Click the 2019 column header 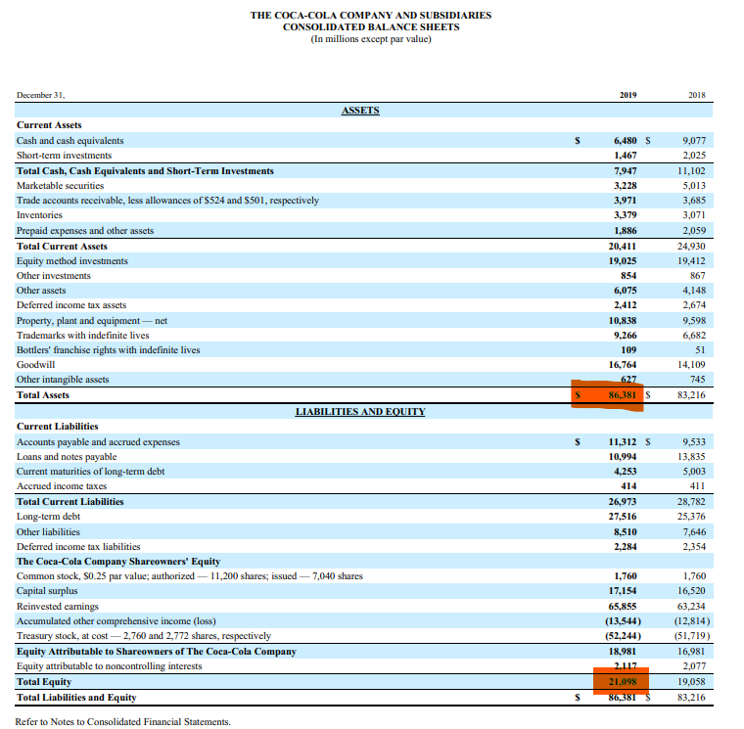(628, 95)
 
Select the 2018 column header (697, 95)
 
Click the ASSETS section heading (360, 111)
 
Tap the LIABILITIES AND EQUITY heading (360, 412)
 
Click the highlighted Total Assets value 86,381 (623, 395)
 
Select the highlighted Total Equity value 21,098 (623, 681)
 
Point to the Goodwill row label (35, 365)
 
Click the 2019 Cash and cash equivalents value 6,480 (627, 141)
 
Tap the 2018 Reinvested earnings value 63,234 (692, 606)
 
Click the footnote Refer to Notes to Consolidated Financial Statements (122, 721)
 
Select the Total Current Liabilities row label (70, 501)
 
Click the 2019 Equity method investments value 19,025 (624, 260)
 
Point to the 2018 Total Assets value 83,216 (692, 395)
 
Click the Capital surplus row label (46, 591)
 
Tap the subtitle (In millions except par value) (371, 40)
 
